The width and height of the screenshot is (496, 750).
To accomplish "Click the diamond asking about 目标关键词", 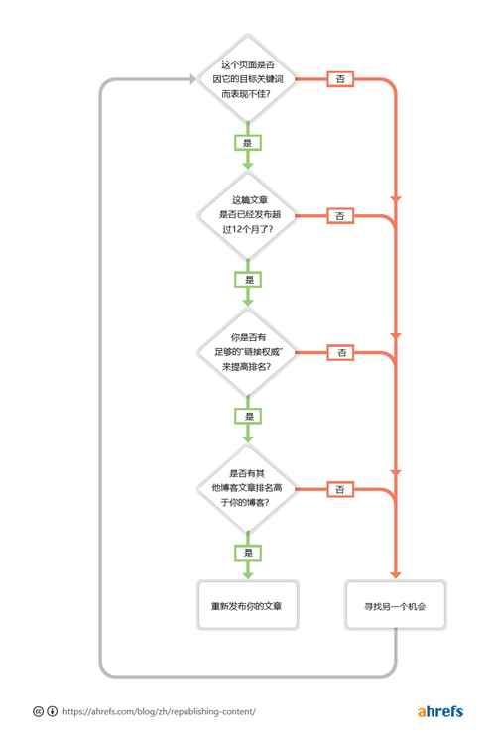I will pyautogui.click(x=247, y=79).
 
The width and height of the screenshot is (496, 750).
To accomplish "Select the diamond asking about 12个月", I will pyautogui.click(x=247, y=215).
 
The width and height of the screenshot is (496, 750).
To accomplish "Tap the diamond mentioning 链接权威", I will pyautogui.click(x=247, y=352).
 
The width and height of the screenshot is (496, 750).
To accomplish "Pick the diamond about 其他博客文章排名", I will pyautogui.click(x=247, y=488).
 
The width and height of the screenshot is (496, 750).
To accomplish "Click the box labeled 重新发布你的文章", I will pyautogui.click(x=247, y=605).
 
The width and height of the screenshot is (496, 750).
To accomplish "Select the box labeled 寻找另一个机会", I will pyautogui.click(x=395, y=605).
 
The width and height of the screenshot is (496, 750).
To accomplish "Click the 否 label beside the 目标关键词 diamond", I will pyautogui.click(x=340, y=79).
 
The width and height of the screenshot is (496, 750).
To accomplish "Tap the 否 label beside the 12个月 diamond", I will pyautogui.click(x=340, y=215).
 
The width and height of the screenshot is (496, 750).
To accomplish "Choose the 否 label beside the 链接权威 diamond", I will pyautogui.click(x=340, y=352).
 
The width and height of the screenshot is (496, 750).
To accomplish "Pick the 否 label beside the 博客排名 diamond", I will pyautogui.click(x=340, y=489).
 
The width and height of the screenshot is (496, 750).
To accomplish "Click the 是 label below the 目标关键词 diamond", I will pyautogui.click(x=248, y=143).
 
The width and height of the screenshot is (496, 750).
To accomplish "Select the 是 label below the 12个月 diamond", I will pyautogui.click(x=248, y=280).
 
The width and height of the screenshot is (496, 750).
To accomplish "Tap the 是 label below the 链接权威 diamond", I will pyautogui.click(x=248, y=416).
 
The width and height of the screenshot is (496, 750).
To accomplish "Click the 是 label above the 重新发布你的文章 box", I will pyautogui.click(x=248, y=552).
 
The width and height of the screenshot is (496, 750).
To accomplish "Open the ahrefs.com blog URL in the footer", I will pyautogui.click(x=159, y=711).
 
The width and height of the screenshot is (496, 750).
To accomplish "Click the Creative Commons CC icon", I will pyautogui.click(x=38, y=711).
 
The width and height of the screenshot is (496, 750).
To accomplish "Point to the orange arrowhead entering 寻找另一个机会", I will pyautogui.click(x=396, y=573).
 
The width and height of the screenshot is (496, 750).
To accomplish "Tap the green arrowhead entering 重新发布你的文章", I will pyautogui.click(x=248, y=573).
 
